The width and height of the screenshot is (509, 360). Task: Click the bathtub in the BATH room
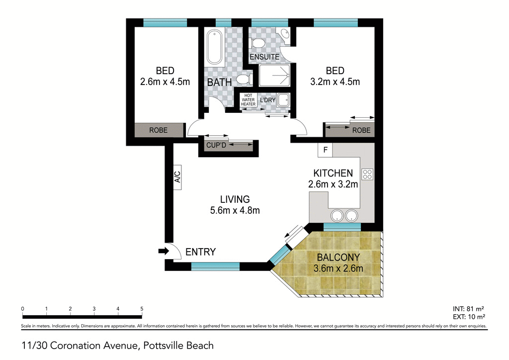[214, 47]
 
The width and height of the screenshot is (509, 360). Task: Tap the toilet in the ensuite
[257, 43]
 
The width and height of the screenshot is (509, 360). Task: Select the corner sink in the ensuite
[285, 34]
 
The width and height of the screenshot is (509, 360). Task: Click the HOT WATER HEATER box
[248, 100]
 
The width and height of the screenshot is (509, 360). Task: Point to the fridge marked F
[325, 150]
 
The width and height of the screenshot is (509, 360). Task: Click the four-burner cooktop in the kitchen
[367, 175]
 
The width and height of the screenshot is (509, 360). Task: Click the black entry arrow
[164, 251]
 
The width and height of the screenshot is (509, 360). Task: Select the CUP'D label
[216, 145]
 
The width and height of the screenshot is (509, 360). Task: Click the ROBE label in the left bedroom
[159, 130]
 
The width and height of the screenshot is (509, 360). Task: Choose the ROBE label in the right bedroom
[361, 130]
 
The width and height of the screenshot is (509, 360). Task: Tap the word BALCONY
[338, 258]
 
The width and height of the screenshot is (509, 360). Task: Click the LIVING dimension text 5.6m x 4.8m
[235, 210]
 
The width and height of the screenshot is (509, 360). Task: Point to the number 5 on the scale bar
[142, 309]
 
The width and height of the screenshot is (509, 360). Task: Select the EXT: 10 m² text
[469, 317]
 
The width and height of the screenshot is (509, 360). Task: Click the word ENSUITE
[264, 57]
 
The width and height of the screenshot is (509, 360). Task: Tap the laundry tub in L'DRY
[284, 99]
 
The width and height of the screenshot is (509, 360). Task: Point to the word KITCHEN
[333, 173]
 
